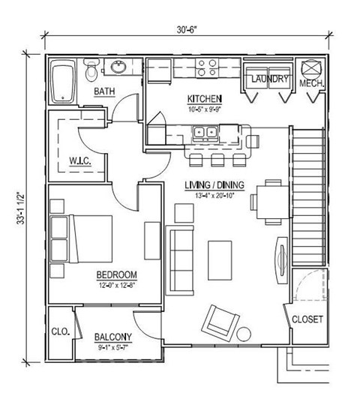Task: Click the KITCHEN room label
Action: coord(203,98)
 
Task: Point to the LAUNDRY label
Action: coord(266,79)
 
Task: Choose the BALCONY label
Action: coord(114,337)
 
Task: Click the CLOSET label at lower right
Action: coord(307,319)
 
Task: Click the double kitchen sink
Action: coord(205,133)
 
